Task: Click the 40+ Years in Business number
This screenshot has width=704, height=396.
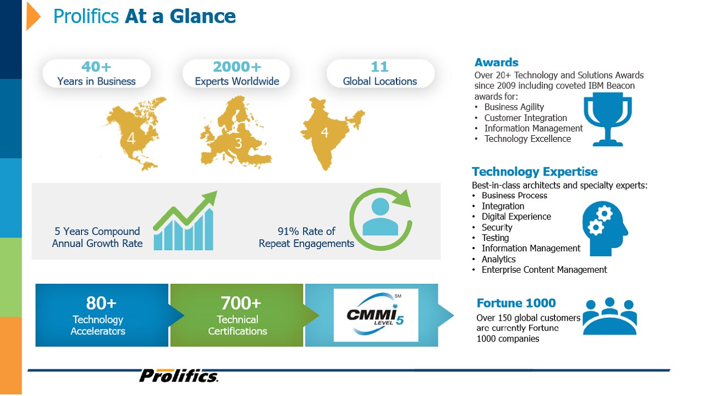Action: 96,67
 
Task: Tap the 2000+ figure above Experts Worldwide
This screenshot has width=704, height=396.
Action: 237,67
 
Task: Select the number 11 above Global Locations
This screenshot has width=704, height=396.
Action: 380,67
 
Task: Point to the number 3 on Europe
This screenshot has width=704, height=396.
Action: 239,144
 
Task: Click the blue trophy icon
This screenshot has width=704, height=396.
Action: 608,119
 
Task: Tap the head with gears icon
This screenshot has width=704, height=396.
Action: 604,228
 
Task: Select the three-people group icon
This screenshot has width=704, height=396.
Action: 610,316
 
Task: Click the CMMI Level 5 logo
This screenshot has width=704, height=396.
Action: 376,315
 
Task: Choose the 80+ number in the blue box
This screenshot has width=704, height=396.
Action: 101,303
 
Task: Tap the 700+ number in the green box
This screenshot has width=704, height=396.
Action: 241,303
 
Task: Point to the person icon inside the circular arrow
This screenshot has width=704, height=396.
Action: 380,217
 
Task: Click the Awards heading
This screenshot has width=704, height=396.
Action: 496,62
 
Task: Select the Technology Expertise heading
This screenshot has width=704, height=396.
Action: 535,172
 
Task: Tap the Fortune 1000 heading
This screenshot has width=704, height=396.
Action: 516,303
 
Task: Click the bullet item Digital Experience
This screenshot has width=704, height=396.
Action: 516,217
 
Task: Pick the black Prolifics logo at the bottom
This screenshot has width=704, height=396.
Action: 179,376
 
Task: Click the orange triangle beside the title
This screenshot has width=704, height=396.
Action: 32,16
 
